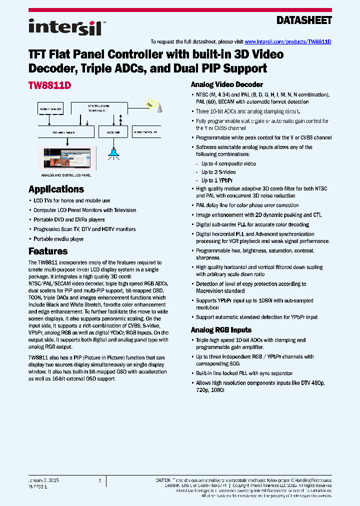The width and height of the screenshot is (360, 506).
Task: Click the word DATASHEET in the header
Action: tap(304, 20)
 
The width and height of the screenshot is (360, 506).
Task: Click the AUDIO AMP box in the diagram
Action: tap(113, 132)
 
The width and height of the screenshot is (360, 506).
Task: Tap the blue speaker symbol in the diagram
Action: tap(114, 152)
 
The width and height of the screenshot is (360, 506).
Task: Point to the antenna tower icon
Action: tap(152, 105)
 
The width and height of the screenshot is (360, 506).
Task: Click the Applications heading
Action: tap(56, 189)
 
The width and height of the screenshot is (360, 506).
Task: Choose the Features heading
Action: tap(48, 251)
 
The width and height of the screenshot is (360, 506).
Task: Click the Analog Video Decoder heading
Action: tap(226, 84)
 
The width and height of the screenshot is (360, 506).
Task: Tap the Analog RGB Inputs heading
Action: tap(221, 330)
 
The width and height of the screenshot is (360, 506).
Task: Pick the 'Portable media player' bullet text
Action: tap(58, 239)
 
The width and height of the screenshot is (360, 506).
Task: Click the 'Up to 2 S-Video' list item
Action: tap(218, 172)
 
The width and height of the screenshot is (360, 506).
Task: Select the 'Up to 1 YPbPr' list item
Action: tap(217, 180)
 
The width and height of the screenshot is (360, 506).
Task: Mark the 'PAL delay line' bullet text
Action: tap(247, 205)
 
